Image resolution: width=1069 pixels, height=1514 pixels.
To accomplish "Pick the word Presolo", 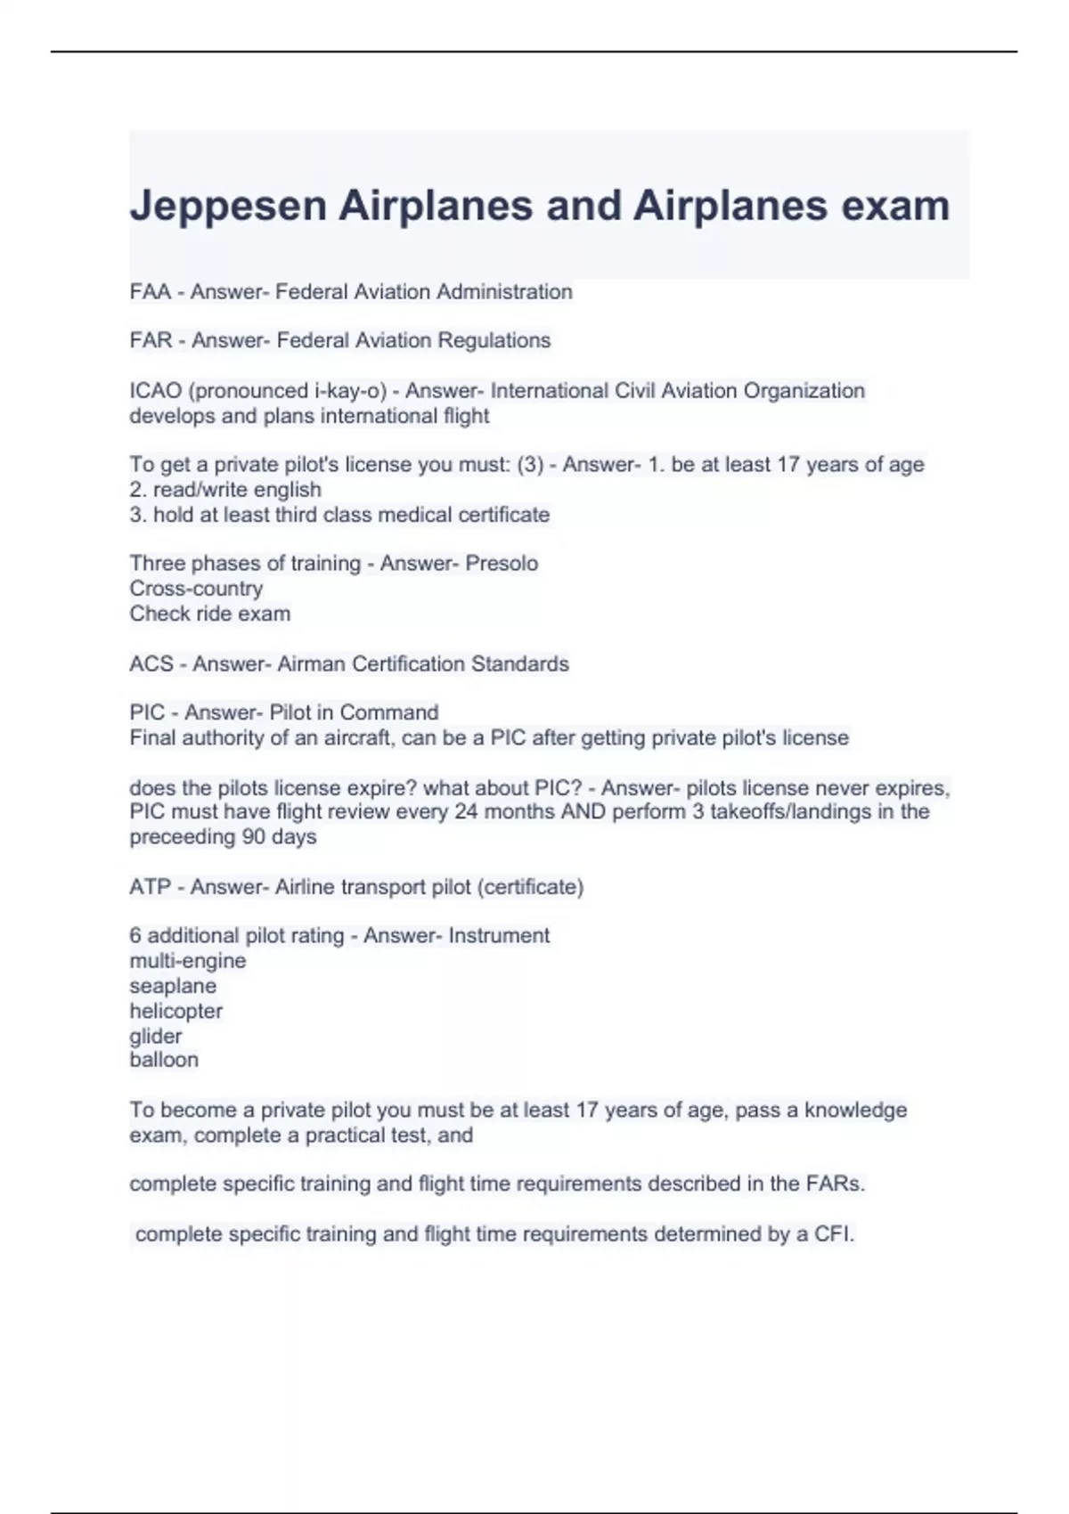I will (502, 564).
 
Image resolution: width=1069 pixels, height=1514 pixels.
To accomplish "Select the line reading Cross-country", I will (196, 589).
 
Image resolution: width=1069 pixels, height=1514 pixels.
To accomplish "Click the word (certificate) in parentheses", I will (530, 887).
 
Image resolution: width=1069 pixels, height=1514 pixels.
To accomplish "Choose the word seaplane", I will (173, 986).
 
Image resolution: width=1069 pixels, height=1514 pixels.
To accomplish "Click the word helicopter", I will (175, 1011).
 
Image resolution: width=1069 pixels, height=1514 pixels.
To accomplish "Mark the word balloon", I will (164, 1060).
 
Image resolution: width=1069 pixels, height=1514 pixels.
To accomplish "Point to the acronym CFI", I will (833, 1234).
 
